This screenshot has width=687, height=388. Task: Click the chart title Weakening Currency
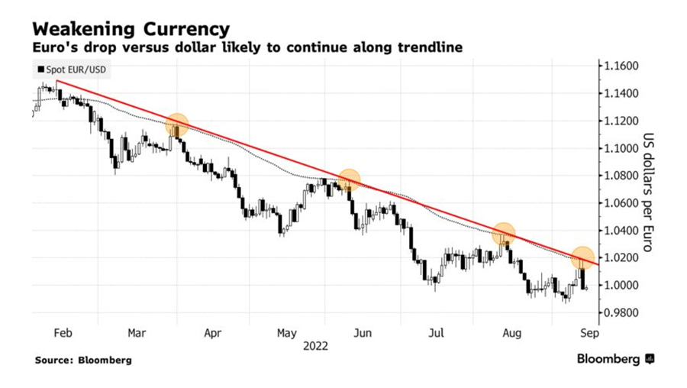click(x=131, y=29)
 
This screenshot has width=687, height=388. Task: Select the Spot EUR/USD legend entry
click(x=70, y=70)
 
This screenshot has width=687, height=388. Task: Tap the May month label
click(x=287, y=333)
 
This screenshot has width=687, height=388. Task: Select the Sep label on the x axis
click(x=589, y=333)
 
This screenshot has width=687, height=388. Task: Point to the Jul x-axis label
click(x=436, y=333)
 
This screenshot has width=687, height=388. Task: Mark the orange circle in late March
click(x=177, y=124)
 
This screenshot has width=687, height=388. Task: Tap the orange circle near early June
click(x=349, y=180)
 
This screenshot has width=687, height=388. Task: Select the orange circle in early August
click(x=503, y=234)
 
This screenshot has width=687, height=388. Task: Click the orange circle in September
click(x=582, y=258)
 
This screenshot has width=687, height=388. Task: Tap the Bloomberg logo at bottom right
click(x=615, y=358)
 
